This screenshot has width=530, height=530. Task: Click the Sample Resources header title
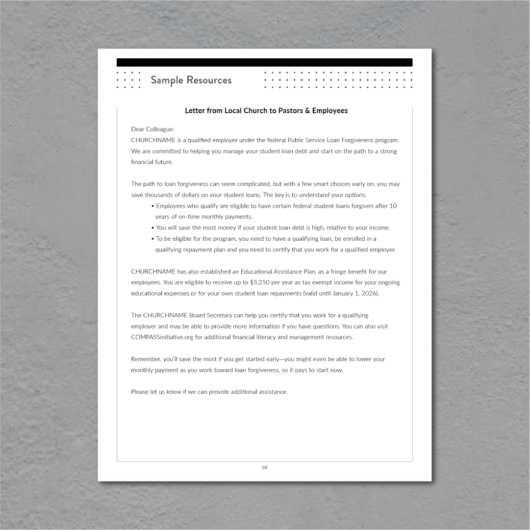(191, 80)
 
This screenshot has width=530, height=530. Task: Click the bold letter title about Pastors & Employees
(266, 111)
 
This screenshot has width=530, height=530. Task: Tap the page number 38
(265, 468)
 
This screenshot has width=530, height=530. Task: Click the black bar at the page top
(264, 62)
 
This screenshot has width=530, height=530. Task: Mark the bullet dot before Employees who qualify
(152, 206)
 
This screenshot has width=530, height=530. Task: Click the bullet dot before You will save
(152, 228)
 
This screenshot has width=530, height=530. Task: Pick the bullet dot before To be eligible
(152, 239)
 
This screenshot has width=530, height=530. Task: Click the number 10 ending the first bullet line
(393, 206)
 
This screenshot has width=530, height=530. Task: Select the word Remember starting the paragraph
(146, 359)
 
